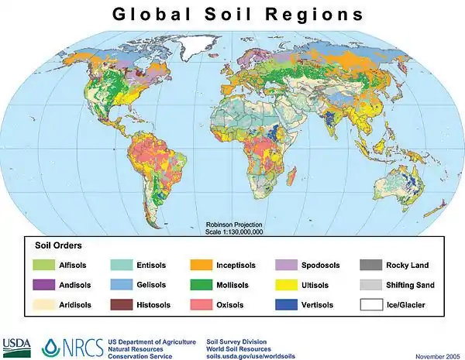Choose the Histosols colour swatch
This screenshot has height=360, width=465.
(x=122, y=305)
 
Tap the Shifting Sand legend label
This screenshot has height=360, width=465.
(x=410, y=285)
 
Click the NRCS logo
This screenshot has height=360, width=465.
(x=74, y=345)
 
